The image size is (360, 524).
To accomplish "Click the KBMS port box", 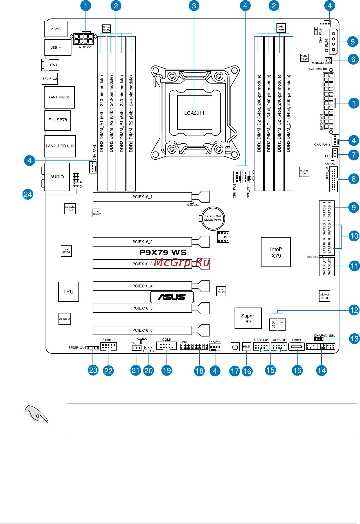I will [56, 29].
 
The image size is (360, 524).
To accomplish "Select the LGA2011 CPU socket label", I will [194, 113].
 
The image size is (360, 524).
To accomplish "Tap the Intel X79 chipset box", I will [276, 252].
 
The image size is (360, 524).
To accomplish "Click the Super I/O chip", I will [248, 318].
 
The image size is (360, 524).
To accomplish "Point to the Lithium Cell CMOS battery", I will [213, 218].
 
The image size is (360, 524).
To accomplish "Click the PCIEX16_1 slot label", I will [142, 197].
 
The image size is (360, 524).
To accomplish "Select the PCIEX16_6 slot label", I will [142, 330].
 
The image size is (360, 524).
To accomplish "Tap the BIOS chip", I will [223, 237].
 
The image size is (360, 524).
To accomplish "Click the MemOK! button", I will [328, 61].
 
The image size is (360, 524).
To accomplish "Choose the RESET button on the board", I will [246, 347].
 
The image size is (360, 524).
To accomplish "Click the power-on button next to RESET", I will [235, 347].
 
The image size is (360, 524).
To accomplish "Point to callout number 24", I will [28, 194].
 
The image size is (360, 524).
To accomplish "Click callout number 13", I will [354, 338].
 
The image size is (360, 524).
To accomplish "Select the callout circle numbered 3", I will [194, 6].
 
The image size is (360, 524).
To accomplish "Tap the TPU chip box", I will [68, 292].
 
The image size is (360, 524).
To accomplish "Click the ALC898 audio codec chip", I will [64, 319].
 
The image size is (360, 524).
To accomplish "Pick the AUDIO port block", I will [57, 177].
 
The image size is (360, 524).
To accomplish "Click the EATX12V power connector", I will [84, 39].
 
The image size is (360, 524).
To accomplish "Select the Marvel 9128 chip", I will [325, 296].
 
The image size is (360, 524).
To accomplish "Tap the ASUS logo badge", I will [172, 297].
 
